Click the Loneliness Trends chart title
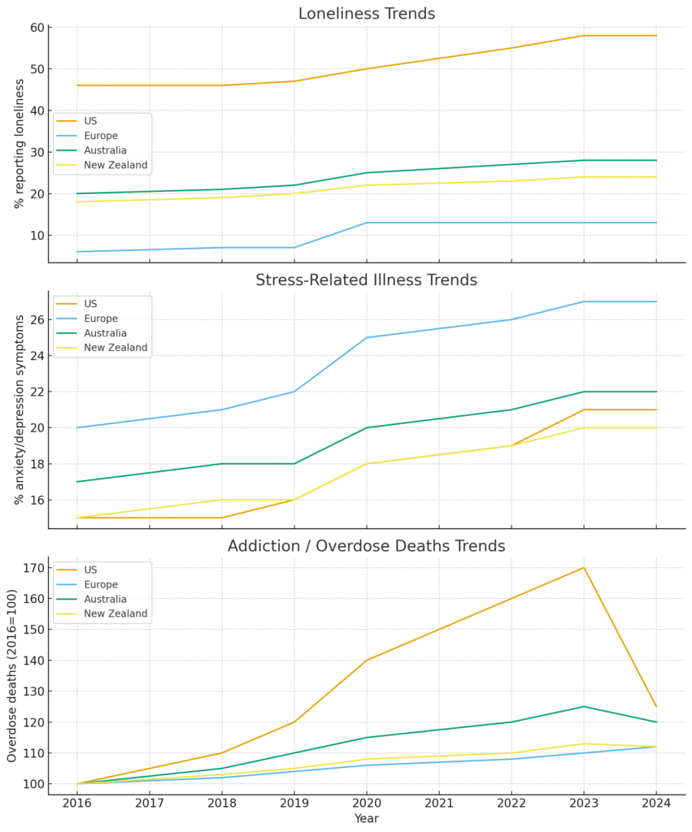(366, 14)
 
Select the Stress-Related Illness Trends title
(366, 280)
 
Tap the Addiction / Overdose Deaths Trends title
(366, 546)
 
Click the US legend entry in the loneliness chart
(90, 121)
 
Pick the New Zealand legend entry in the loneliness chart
(115, 165)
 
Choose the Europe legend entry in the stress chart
(101, 318)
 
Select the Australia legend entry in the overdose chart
(105, 599)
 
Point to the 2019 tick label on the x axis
(294, 804)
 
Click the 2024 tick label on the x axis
(656, 804)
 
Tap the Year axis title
(366, 819)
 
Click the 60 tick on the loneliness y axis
(36, 28)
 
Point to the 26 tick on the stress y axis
(36, 319)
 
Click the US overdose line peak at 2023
(584, 567)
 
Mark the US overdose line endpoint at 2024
(656, 706)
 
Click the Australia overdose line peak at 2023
(584, 706)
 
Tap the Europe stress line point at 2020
(367, 337)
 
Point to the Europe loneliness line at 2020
(367, 223)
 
